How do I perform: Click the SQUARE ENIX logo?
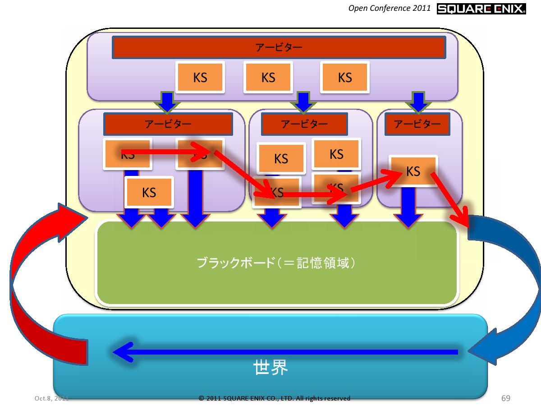pyautogui.click(x=481, y=9)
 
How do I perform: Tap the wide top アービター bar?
pyautogui.click(x=279, y=47)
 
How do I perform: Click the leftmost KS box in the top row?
pyautogui.click(x=200, y=77)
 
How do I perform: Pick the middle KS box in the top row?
pyautogui.click(x=268, y=77)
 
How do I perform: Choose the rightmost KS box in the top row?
pyautogui.click(x=345, y=77)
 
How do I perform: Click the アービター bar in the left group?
pyautogui.click(x=168, y=124)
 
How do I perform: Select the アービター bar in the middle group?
pyautogui.click(x=304, y=124)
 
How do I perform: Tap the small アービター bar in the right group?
pyautogui.click(x=417, y=124)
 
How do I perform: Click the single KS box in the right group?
pyautogui.click(x=413, y=171)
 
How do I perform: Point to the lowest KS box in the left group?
pyautogui.click(x=149, y=193)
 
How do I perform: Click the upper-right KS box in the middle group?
pyautogui.click(x=336, y=154)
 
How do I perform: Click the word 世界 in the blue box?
pyautogui.click(x=270, y=368)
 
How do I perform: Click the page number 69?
pyautogui.click(x=505, y=398)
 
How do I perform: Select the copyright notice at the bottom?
pyautogui.click(x=274, y=398)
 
